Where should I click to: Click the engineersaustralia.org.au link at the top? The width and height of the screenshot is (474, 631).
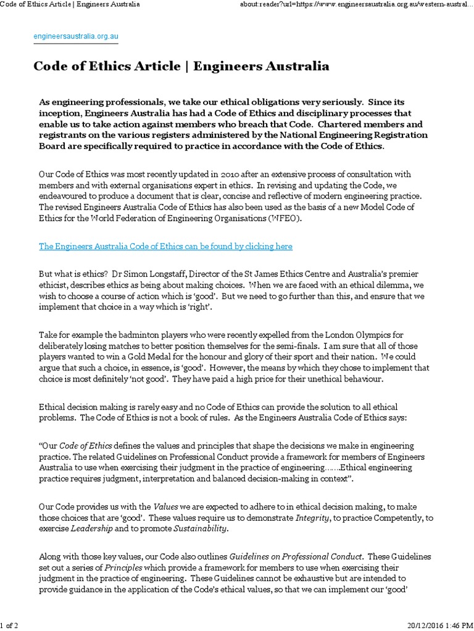[x=76, y=36]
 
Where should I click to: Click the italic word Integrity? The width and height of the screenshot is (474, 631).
[x=301, y=518]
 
